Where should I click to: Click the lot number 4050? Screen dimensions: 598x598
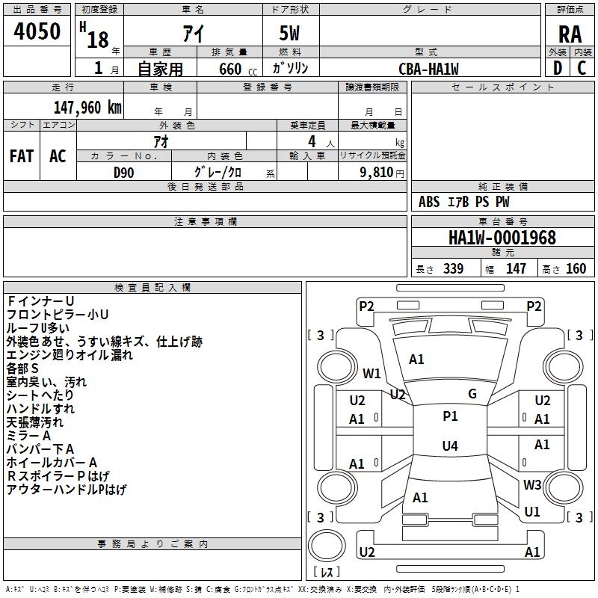point(37,31)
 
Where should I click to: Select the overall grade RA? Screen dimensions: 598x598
point(570,34)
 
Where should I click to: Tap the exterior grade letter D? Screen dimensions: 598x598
point(557,67)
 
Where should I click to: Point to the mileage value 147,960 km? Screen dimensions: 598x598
point(88,107)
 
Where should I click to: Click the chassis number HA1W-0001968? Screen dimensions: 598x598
point(502,238)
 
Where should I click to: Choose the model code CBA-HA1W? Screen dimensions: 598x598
point(428,69)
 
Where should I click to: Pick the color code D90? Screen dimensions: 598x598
point(124,172)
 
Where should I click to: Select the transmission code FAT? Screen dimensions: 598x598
point(21,155)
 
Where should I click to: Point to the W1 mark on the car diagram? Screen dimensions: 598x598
point(372,373)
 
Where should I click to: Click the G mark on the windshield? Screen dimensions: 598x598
point(472,394)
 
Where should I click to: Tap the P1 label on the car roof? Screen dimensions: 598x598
point(450,416)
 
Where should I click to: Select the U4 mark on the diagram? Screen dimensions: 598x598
point(450,446)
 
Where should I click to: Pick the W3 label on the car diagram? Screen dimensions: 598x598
point(532,484)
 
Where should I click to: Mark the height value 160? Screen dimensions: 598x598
point(576,269)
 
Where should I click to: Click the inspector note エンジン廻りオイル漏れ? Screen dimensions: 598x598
point(70,355)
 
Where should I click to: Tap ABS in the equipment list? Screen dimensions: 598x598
point(429,202)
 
